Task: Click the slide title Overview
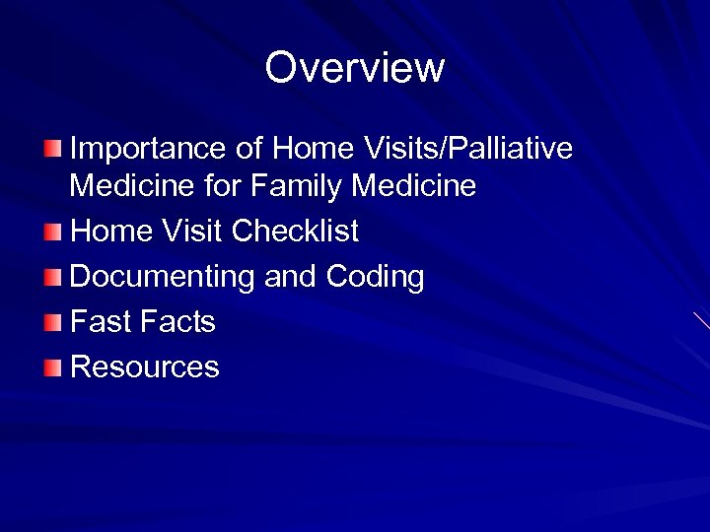click(x=355, y=68)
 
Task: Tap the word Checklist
click(x=295, y=232)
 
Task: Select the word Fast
click(x=101, y=322)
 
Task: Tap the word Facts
click(x=177, y=322)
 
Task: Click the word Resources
click(x=145, y=367)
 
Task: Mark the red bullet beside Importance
click(x=52, y=149)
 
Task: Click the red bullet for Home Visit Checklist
click(x=52, y=233)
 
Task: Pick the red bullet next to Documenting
click(x=52, y=278)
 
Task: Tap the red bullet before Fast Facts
click(x=52, y=323)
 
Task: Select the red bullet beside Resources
click(x=52, y=368)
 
